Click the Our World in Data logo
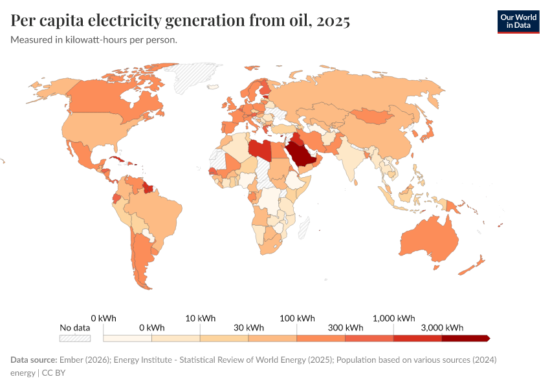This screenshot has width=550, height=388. pyautogui.click(x=518, y=21)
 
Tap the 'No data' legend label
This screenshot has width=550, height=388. pyautogui.click(x=74, y=327)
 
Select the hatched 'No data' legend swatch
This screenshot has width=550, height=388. pyautogui.click(x=74, y=338)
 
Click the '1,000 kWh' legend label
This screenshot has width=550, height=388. pyautogui.click(x=393, y=318)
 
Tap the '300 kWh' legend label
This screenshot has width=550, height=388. pyautogui.click(x=345, y=327)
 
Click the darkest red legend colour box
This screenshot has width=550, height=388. pyautogui.click(x=465, y=338)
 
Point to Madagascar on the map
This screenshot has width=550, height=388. pyautogui.click(x=303, y=227)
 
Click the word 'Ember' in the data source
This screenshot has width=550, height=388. pyautogui.click(x=71, y=360)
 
